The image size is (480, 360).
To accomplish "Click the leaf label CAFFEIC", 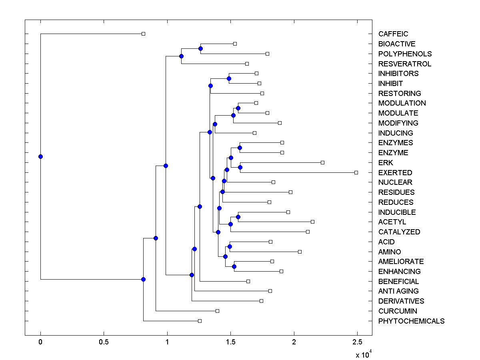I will (393, 34).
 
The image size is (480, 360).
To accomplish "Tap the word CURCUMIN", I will (398, 311).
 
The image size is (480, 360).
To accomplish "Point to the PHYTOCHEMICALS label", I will (411, 321).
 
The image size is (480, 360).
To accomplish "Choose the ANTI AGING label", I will (398, 291).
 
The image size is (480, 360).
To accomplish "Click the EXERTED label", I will (395, 173).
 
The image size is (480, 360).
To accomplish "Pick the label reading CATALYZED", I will (399, 232).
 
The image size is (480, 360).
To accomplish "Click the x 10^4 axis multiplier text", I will (364, 354).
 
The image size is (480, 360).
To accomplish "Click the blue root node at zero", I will (40, 156).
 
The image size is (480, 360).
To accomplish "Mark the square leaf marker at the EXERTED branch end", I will (356, 172).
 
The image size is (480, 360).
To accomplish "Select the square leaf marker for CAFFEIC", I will (144, 34).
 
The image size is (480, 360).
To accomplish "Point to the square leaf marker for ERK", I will (322, 162).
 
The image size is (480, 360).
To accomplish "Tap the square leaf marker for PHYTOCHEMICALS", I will (200, 321).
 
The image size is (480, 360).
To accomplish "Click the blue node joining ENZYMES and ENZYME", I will (240, 148).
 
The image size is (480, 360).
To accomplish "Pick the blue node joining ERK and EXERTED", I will (240, 167).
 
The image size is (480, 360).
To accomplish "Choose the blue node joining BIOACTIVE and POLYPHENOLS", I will (200, 48).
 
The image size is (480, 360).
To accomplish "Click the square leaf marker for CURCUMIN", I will (217, 311).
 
